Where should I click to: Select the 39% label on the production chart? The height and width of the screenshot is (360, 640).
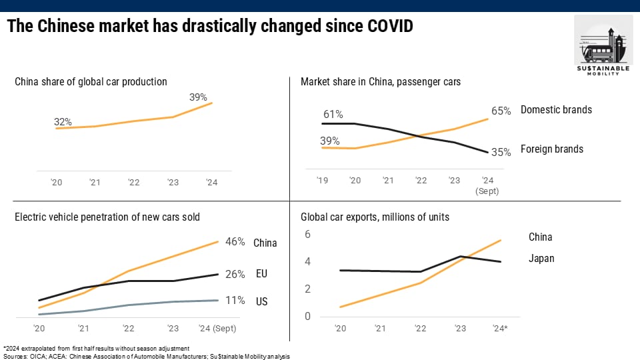click(198, 97)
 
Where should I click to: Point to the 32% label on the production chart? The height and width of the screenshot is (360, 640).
click(63, 122)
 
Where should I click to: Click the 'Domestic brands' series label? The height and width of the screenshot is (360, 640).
click(556, 109)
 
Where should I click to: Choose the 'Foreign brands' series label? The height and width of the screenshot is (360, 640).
click(552, 149)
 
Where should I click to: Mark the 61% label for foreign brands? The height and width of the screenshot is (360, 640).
click(333, 115)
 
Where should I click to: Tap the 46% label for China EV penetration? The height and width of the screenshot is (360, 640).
click(235, 242)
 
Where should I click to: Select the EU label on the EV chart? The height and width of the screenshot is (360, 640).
click(261, 274)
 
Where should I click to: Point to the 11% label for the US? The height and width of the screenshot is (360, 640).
click(235, 301)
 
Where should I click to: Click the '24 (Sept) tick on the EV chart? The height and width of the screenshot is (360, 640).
click(218, 328)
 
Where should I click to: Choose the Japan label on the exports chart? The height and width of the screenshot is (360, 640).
click(541, 259)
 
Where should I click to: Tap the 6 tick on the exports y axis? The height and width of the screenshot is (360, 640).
click(308, 234)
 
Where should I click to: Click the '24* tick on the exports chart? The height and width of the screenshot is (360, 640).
click(501, 328)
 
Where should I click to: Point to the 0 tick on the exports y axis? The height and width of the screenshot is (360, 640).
click(308, 316)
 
